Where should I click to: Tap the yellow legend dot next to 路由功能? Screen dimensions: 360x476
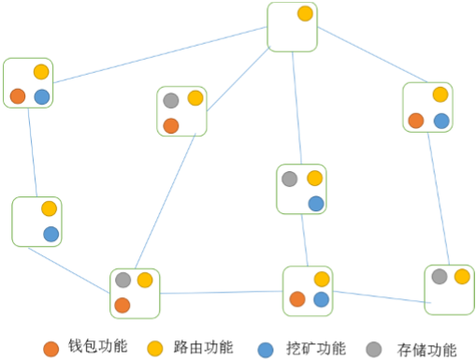(x=156, y=348)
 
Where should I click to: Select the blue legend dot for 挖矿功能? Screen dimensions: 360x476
(x=267, y=348)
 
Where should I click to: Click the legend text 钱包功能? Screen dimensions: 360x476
(x=92, y=349)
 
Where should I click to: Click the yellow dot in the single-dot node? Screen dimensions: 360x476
(x=304, y=14)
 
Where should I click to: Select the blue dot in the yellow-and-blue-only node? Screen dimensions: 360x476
(x=50, y=234)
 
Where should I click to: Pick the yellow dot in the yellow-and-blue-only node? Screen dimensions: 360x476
(x=49, y=209)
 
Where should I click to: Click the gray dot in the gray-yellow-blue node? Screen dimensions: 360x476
(x=290, y=178)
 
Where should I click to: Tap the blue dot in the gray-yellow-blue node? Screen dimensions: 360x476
(x=316, y=203)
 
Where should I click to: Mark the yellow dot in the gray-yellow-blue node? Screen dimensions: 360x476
(x=315, y=178)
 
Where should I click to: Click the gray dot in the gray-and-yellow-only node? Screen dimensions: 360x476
(x=439, y=276)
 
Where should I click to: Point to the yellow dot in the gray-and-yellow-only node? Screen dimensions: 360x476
(x=462, y=276)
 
